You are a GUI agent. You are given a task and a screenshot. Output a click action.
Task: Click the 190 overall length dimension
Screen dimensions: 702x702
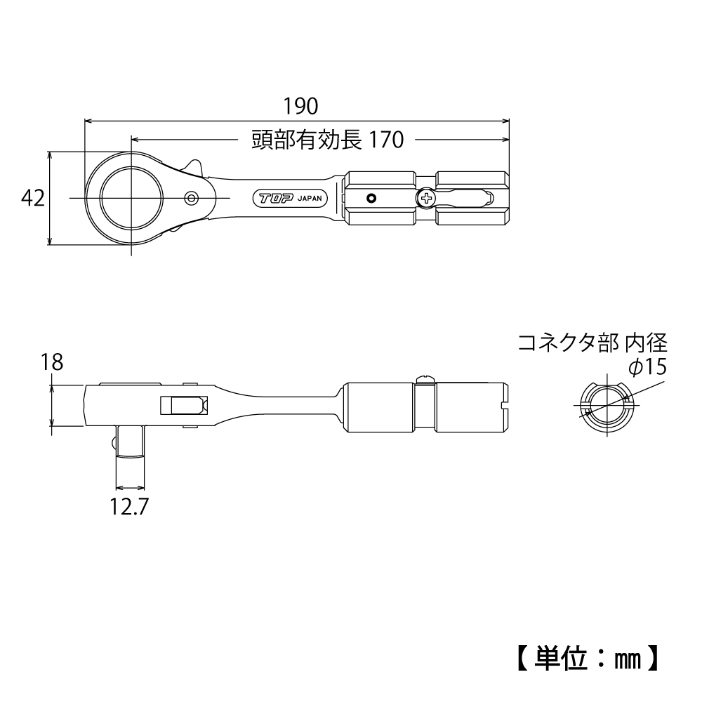(300, 106)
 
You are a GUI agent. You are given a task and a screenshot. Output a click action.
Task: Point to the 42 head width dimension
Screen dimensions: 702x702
(33, 199)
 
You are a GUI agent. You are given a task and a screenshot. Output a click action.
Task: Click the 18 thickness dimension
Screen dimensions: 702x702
(52, 362)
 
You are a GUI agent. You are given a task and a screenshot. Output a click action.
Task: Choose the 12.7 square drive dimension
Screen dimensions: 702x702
(130, 507)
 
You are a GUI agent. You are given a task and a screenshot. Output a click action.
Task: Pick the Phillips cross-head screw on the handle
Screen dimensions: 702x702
(425, 199)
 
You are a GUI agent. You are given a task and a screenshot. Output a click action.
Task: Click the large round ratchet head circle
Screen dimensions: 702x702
(131, 199)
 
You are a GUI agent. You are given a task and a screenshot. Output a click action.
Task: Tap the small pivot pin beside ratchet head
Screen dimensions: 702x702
(191, 199)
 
